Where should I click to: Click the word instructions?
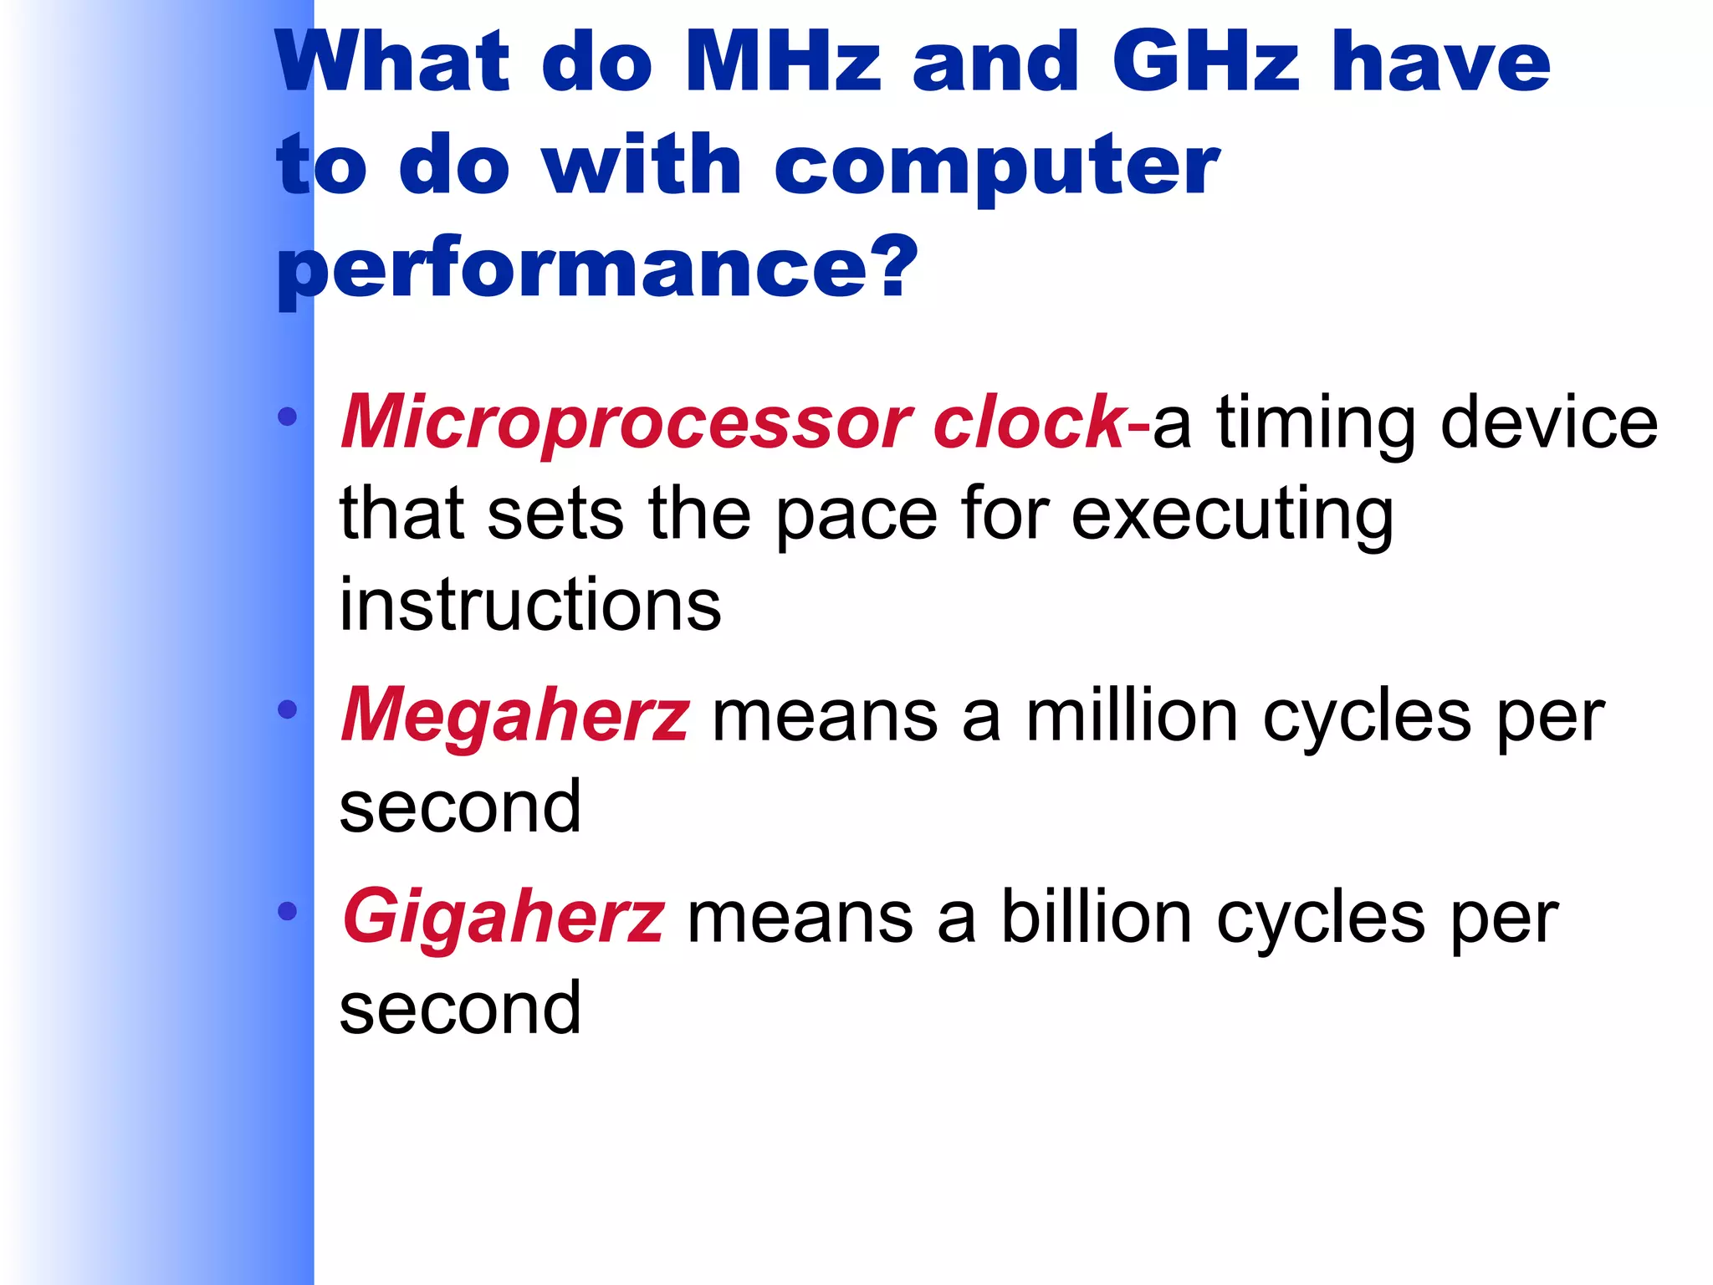click(x=530, y=604)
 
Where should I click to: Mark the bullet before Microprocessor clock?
click(x=288, y=417)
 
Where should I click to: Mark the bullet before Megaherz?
click(x=288, y=710)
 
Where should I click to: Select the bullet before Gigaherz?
click(x=288, y=911)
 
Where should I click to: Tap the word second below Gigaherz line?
click(x=460, y=1008)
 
